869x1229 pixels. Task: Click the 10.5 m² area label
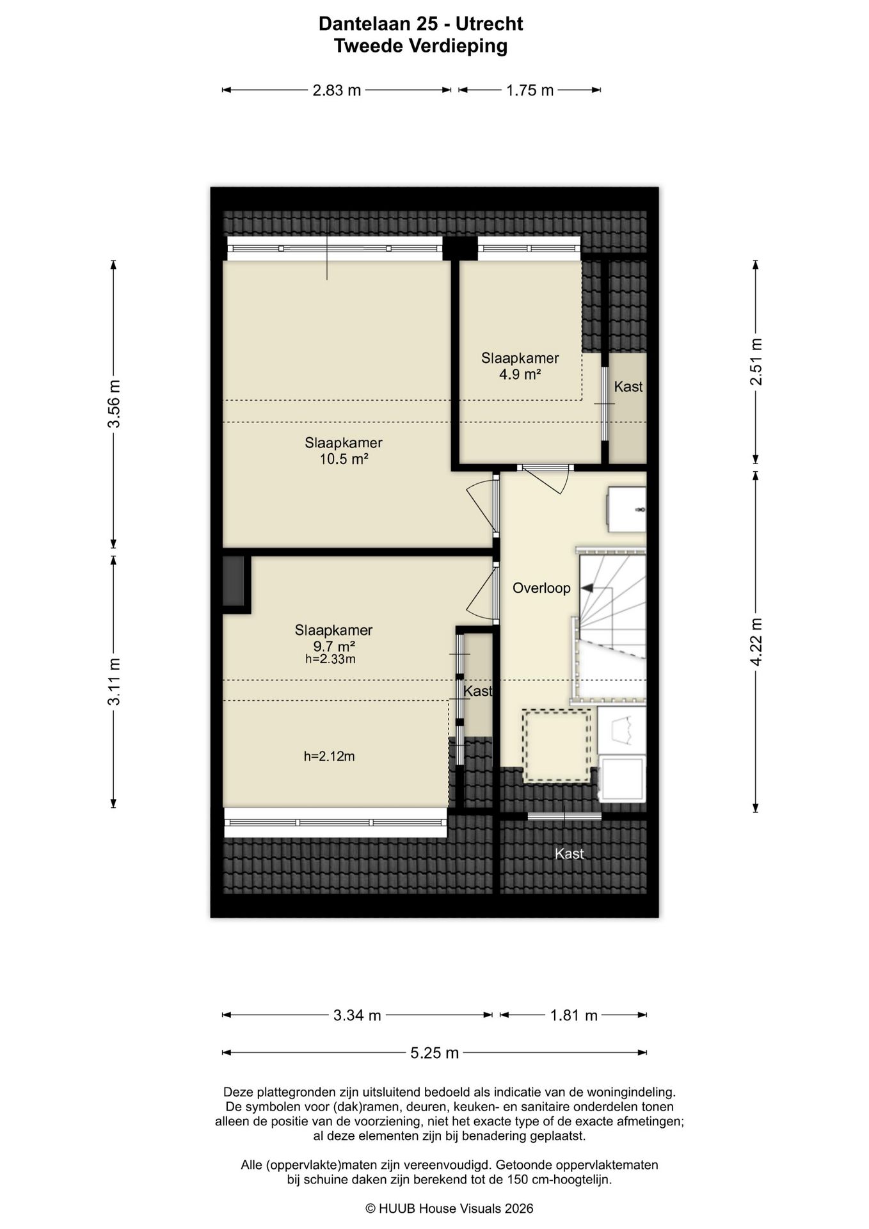coord(344,459)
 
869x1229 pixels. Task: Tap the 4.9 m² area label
coord(520,374)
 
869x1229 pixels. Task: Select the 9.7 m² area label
coord(333,646)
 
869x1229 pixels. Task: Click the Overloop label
coord(541,588)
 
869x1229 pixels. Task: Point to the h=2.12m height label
coord(329,757)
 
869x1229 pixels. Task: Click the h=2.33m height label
coord(330,659)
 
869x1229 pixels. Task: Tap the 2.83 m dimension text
coord(337,90)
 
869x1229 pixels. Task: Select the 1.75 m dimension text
coord(530,90)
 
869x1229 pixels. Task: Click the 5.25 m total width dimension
coord(434,1053)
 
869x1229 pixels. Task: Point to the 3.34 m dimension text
coord(357,1015)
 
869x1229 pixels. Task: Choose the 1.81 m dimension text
coord(574,1015)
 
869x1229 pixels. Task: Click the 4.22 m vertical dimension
coord(756,642)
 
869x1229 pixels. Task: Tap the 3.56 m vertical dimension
coord(114,404)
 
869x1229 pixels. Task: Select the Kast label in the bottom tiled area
coord(570,854)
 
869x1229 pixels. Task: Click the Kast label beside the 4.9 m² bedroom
coord(628,387)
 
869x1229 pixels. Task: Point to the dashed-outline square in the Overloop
coord(557,745)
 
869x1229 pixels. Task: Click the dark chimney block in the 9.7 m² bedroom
coord(234,581)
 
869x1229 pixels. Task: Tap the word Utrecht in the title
coord(490,24)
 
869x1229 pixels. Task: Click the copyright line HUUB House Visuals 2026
coord(449,1209)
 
